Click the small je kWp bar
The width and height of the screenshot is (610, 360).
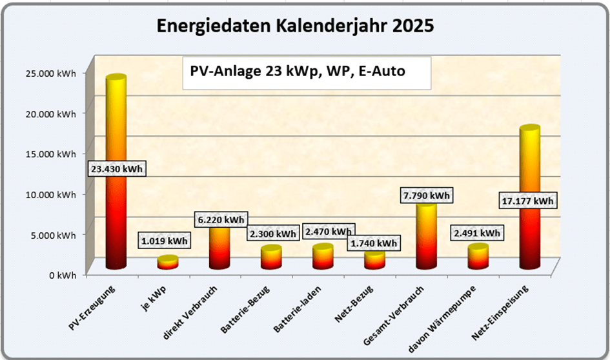pyautogui.click(x=168, y=262)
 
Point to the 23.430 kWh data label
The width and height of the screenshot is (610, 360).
pyautogui.click(x=117, y=169)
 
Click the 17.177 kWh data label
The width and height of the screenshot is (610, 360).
pyautogui.click(x=527, y=201)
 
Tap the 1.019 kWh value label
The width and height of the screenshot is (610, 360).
pyautogui.click(x=164, y=241)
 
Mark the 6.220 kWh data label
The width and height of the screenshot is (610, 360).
pyautogui.click(x=219, y=219)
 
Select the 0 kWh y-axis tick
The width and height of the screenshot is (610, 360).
pyautogui.click(x=62, y=274)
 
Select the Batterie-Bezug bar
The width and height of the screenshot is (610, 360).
pyautogui.click(x=271, y=258)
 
